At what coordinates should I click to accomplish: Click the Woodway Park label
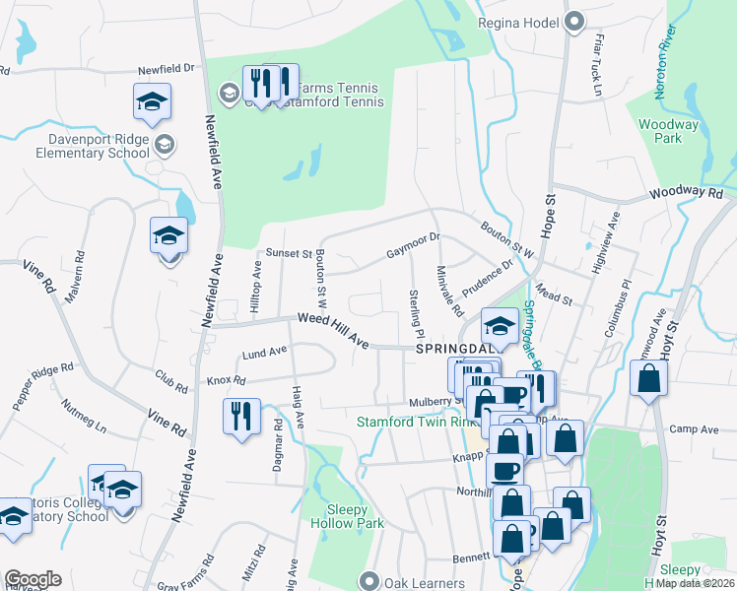pyautogui.click(x=668, y=131)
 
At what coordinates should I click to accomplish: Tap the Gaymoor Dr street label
pyautogui.click(x=412, y=245)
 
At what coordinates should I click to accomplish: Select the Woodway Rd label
pyautogui.click(x=686, y=195)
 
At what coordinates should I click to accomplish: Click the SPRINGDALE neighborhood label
pyautogui.click(x=450, y=350)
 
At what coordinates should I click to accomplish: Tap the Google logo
pyautogui.click(x=33, y=579)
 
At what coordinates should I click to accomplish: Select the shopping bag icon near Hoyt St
pyautogui.click(x=648, y=379)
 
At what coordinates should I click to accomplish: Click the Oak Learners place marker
pyautogui.click(x=369, y=580)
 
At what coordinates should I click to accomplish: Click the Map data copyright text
pyautogui.click(x=695, y=583)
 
